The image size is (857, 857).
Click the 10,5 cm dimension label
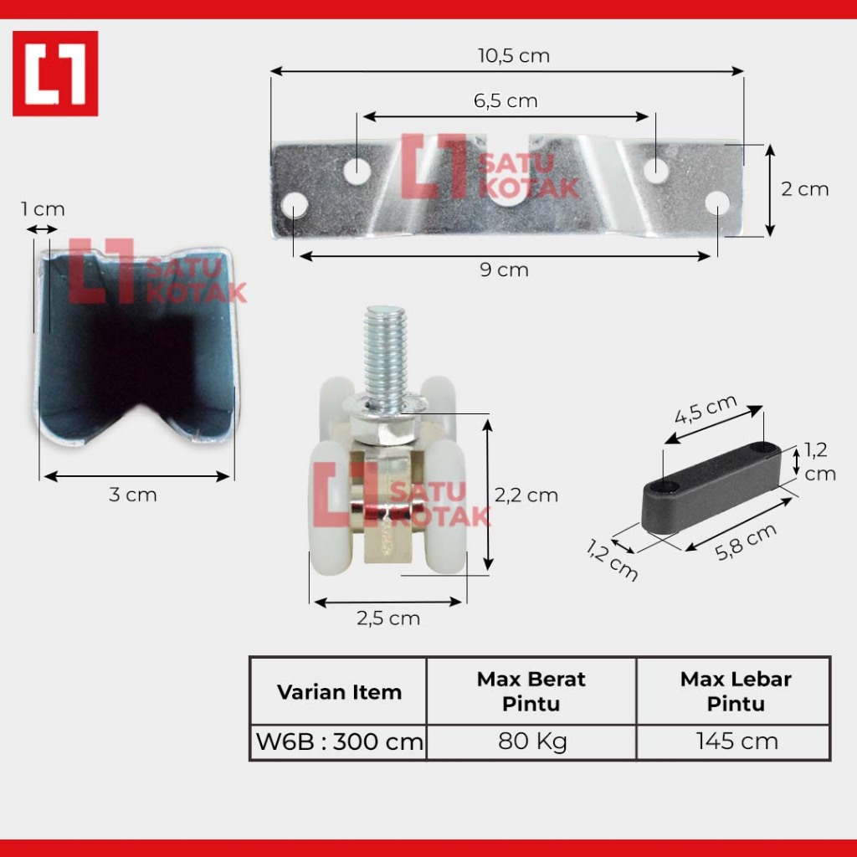pos(514,56)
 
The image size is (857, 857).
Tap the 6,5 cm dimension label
pos(505,100)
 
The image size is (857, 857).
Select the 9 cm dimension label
pos(504,269)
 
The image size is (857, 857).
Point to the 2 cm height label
pos(804,189)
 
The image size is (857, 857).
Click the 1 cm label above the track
pos(43,208)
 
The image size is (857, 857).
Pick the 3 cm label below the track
pos(133,495)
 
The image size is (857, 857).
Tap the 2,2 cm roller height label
pos(526,495)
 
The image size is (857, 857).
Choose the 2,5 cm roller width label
pos(388,618)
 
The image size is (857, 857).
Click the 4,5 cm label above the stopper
pos(706,408)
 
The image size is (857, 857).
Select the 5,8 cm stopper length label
pos(746,541)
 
